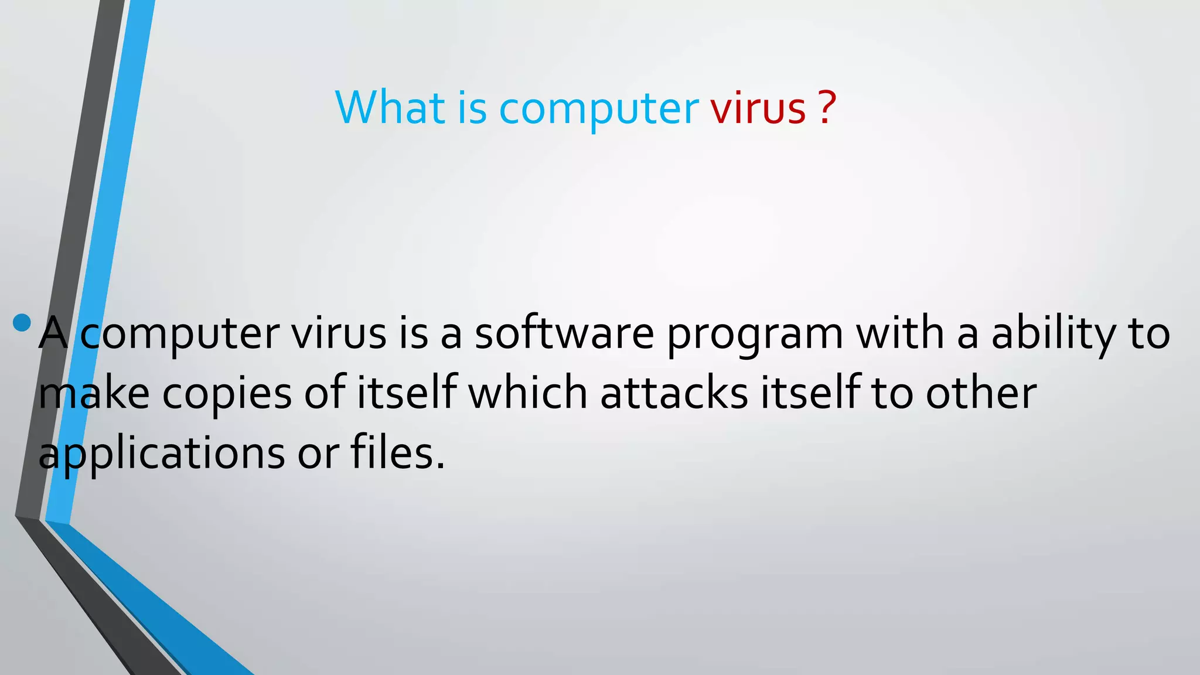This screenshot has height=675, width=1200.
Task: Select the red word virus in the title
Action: point(758,108)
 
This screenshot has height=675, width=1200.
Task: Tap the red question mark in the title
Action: point(825,108)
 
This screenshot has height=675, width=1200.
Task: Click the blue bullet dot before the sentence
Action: point(22,322)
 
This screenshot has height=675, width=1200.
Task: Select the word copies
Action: point(227,394)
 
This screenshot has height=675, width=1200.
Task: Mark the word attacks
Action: point(674,394)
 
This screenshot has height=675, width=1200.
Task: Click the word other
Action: point(981,394)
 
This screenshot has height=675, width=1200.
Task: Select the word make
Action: point(94,394)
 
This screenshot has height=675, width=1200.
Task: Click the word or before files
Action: point(318,455)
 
